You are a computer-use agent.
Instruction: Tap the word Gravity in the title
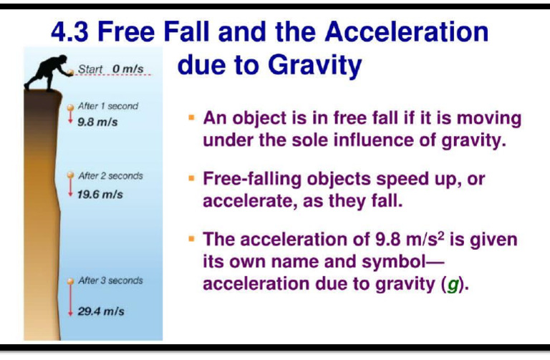pyautogui.click(x=312, y=65)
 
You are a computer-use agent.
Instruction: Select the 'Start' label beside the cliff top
pyautogui.click(x=90, y=69)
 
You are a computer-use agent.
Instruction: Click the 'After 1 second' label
pyautogui.click(x=107, y=107)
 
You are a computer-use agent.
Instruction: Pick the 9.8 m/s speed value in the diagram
pyautogui.click(x=98, y=121)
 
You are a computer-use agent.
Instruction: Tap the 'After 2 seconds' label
pyautogui.click(x=110, y=175)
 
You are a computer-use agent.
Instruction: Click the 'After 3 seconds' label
pyautogui.click(x=110, y=281)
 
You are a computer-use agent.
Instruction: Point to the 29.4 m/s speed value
pyautogui.click(x=101, y=313)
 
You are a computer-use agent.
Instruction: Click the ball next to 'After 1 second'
pyautogui.click(x=70, y=108)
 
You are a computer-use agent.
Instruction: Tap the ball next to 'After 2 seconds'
pyautogui.click(x=70, y=175)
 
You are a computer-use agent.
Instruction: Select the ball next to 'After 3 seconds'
pyautogui.click(x=70, y=281)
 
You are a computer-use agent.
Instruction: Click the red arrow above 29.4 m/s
pyautogui.click(x=70, y=301)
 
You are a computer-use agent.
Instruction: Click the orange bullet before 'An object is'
pyautogui.click(x=192, y=116)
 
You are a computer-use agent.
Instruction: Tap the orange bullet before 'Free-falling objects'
pyautogui.click(x=192, y=177)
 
